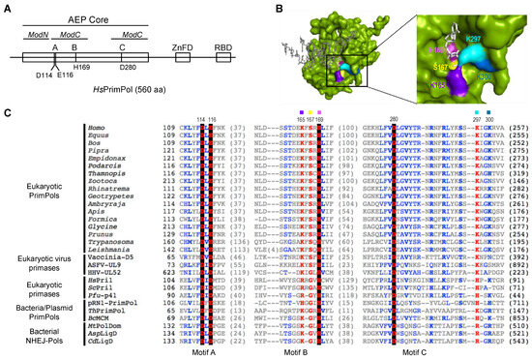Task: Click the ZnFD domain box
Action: click(182, 57)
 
